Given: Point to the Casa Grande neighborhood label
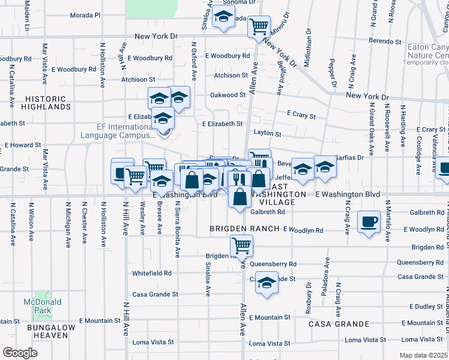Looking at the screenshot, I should coord(339,324).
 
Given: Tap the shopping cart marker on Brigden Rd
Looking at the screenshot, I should coord(241,245).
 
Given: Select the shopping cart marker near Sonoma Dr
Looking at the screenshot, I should coord(259,26).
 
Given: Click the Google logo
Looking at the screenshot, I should coord(20,353).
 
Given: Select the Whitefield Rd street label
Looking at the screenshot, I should coord(152,273).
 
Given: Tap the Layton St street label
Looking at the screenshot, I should coord(268,134).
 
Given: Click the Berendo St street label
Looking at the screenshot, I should coord(385,42).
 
